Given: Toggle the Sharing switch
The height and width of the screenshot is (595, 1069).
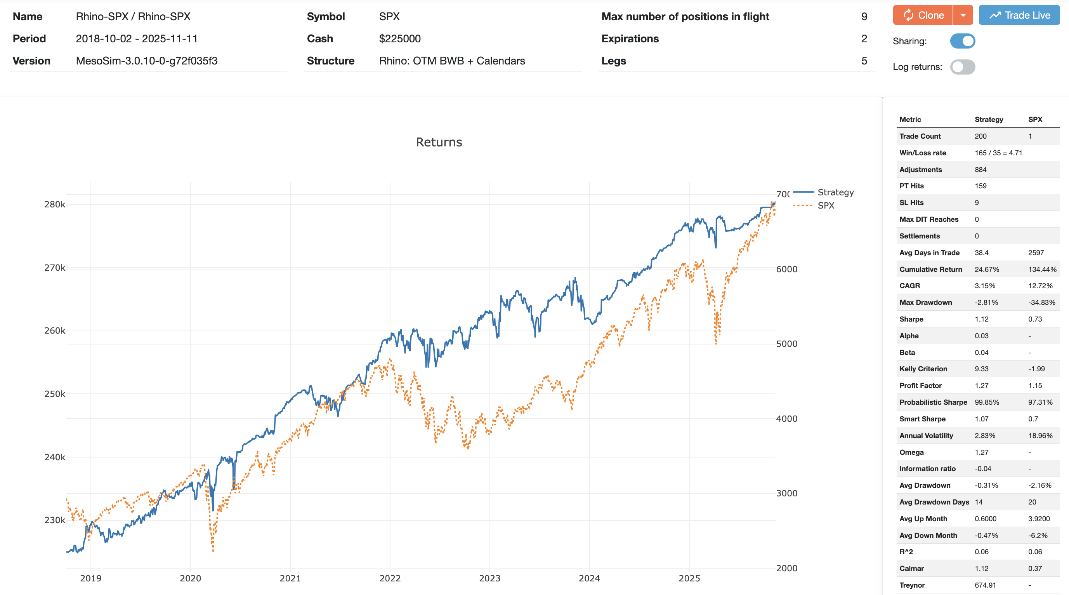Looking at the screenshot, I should pos(962,41).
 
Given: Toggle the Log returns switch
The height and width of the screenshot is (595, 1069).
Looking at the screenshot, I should pos(962,67).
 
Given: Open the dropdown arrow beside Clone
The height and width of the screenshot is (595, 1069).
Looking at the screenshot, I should pos(963,16).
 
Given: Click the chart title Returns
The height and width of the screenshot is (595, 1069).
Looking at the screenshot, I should pos(439,142).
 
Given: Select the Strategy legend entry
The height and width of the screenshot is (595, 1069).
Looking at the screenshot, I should pos(835,192).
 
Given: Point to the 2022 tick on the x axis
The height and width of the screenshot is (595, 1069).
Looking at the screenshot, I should pos(390,578).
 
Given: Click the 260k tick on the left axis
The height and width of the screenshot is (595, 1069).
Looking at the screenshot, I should pos(55,331).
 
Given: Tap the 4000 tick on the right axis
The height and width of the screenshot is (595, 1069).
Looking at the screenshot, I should pos(786,419).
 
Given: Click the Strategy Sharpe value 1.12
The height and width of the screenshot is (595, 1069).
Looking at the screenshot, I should pos(981,319).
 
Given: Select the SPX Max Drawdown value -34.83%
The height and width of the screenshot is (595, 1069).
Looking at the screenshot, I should pos(1041,302).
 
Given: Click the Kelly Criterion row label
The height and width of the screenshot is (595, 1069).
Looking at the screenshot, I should pos(923,369).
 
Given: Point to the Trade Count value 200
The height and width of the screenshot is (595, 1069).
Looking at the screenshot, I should pos(980,136).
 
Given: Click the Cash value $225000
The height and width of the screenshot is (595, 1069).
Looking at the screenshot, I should pos(400,38).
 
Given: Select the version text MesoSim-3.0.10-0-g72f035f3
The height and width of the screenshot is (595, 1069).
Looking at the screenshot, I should pos(146,61).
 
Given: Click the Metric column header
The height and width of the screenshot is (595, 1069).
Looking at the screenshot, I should pos(910,120).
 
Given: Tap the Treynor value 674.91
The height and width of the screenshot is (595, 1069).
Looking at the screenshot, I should pos(985,585).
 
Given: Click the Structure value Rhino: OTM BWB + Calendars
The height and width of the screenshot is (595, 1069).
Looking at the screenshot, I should pos(451,61).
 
